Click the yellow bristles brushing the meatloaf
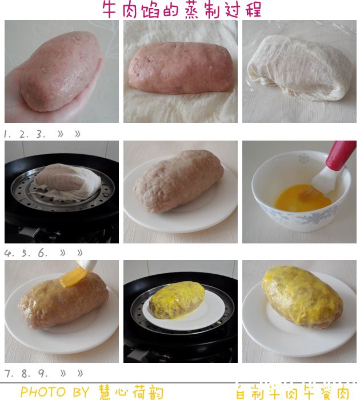click(x=74, y=277)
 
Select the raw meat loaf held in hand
click(x=61, y=71)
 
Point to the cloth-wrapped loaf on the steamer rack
click(x=67, y=181)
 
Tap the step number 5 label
click(x=26, y=253)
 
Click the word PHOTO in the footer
click(x=43, y=391)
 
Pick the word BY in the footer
click(x=81, y=391)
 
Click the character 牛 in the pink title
click(x=110, y=10)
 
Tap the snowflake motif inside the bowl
click(x=304, y=158)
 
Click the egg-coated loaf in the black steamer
click(x=177, y=300)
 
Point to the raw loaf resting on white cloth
click(x=181, y=68)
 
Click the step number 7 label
click(x=7, y=374)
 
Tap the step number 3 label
click(x=41, y=134)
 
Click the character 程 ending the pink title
click(x=253, y=10)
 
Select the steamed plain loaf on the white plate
click(x=178, y=181)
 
